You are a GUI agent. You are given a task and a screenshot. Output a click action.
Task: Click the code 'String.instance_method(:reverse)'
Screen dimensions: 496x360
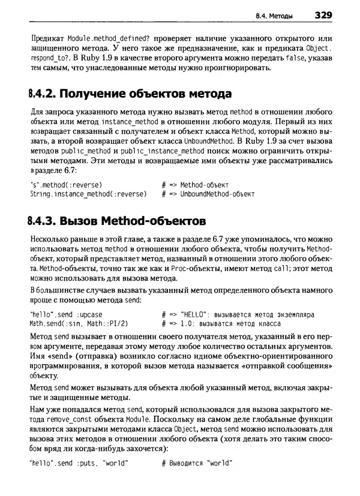pos(88,195)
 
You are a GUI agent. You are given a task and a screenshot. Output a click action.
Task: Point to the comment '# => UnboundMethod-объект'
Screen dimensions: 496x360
pos(208,195)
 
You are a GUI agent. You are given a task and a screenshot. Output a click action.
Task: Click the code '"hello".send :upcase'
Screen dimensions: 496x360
pos(66,314)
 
